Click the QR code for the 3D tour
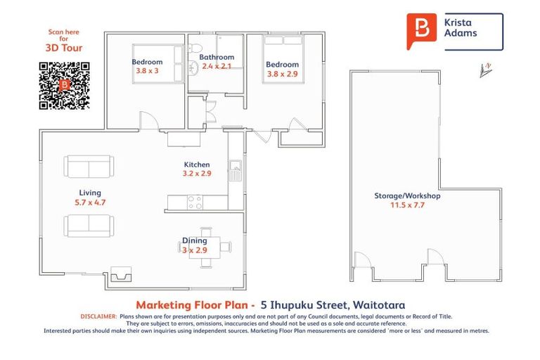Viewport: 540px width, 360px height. click(x=64, y=86)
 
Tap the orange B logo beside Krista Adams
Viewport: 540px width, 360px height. click(x=421, y=31)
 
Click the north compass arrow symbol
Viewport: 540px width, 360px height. click(x=484, y=70)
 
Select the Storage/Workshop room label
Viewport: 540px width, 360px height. click(x=407, y=196)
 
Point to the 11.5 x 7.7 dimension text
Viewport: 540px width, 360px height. click(x=407, y=206)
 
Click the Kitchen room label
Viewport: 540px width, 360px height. click(x=197, y=165)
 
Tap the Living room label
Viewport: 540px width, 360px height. click(x=90, y=193)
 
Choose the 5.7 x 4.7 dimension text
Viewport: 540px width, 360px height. click(x=90, y=202)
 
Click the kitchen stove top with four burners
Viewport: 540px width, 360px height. click(x=195, y=202)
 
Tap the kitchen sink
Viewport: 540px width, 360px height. click(x=237, y=169)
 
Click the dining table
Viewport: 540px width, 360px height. click(x=207, y=246)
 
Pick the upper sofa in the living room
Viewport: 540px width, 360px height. click(x=88, y=167)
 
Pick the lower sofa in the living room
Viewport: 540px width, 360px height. click(x=88, y=225)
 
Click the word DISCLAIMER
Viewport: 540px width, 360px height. click(x=99, y=317)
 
